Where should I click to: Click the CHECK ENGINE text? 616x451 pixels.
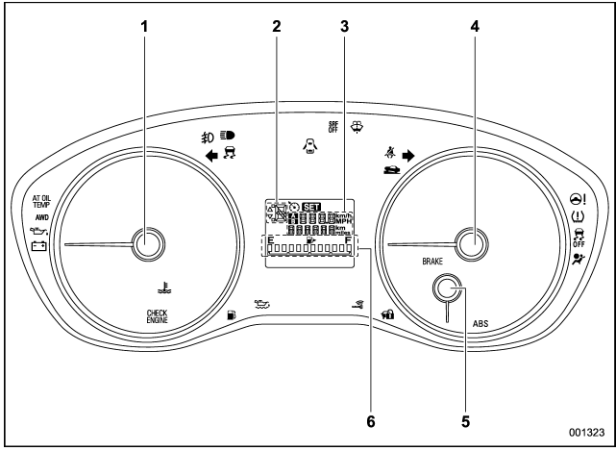(156, 316)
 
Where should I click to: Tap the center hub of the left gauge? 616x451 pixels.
(145, 244)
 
